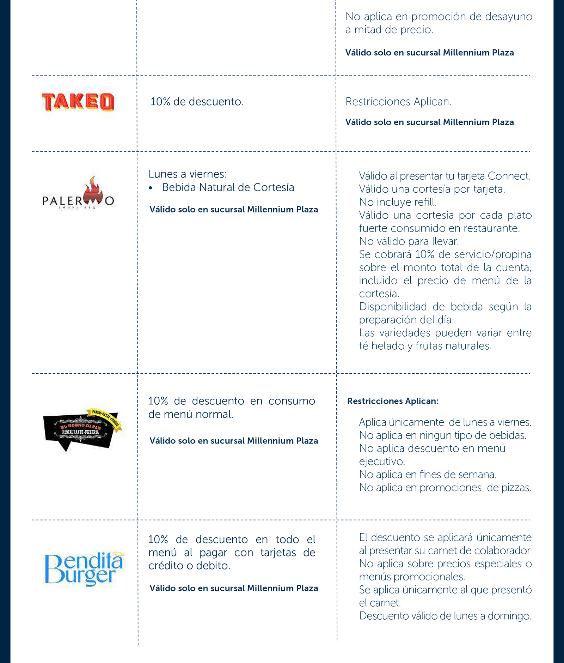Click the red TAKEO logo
[78, 102]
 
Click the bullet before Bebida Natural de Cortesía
[151, 188]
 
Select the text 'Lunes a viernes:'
[188, 174]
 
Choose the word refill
[425, 202]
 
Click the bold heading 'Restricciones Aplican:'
[393, 401]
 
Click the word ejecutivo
[382, 462]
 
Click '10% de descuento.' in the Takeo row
[197, 102]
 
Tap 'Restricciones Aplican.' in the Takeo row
[398, 102]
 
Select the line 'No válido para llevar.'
[409, 241]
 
